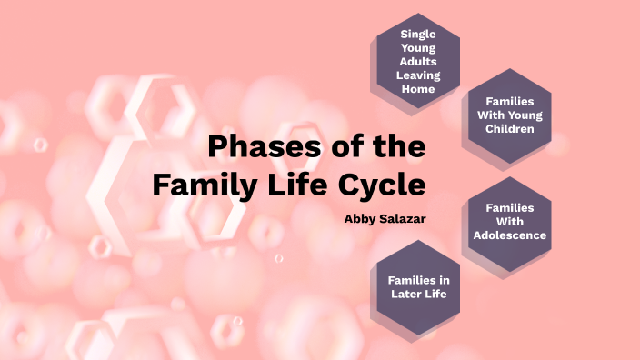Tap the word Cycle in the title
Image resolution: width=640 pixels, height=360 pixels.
click(382, 185)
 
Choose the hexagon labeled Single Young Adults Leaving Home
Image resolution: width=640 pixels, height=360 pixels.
click(418, 61)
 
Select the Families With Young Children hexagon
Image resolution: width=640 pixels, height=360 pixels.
click(509, 115)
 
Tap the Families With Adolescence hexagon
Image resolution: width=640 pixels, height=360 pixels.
click(509, 222)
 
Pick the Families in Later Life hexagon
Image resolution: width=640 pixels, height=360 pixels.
click(418, 285)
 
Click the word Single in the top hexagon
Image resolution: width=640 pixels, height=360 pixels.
click(418, 34)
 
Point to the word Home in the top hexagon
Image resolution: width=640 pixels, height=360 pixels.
click(418, 89)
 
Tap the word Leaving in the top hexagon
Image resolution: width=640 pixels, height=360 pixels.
click(418, 75)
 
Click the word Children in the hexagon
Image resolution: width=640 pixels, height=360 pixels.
click(509, 129)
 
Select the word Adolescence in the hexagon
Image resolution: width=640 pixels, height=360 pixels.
click(509, 235)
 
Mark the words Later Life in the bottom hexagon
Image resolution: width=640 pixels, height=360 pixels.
click(418, 293)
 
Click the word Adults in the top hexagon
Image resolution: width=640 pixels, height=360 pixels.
click(418, 62)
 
